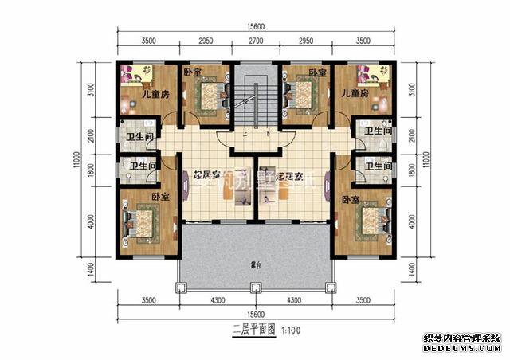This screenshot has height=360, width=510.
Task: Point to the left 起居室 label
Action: [206, 176]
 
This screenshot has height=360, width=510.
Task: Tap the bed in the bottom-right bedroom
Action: [369, 221]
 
